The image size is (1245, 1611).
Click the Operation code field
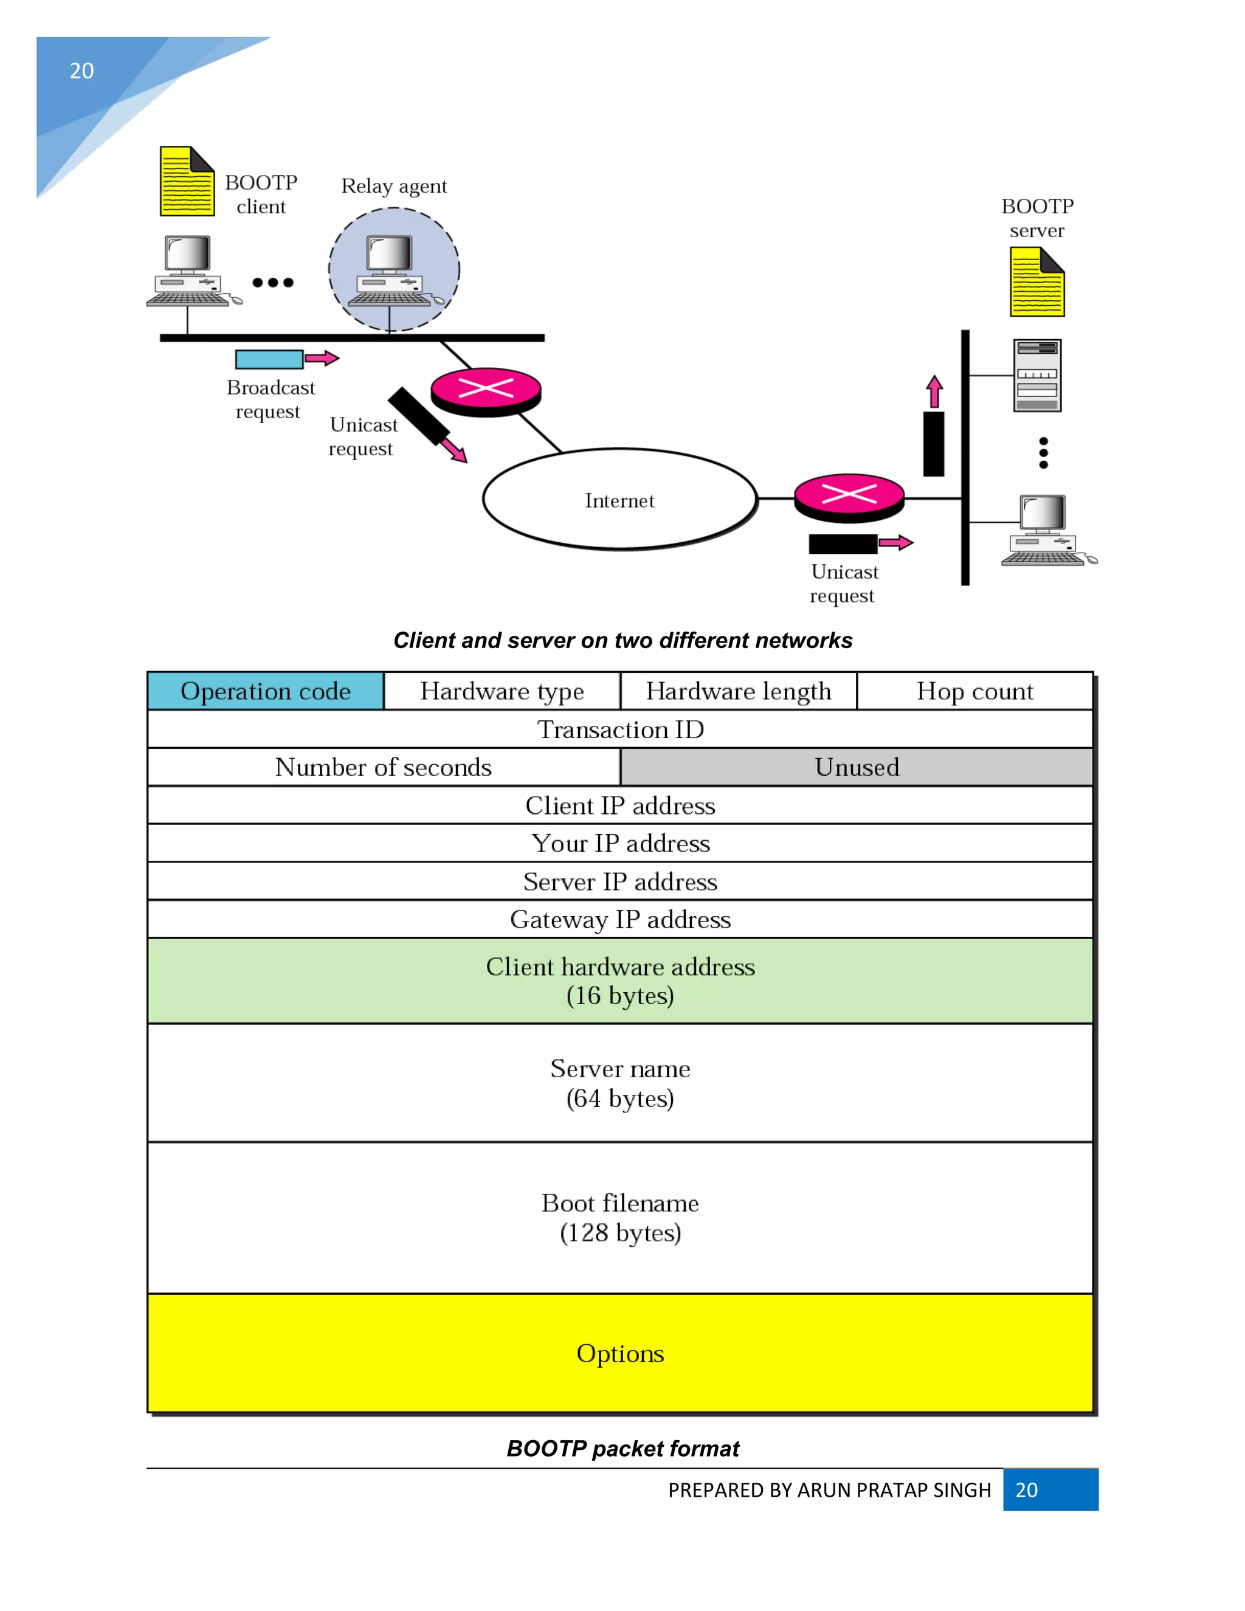(x=266, y=691)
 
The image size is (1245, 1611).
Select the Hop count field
(x=974, y=691)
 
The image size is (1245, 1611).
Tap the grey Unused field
(x=857, y=767)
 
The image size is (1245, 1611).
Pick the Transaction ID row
(x=619, y=730)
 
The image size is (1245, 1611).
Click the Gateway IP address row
(x=619, y=919)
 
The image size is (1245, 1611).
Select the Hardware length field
(x=738, y=691)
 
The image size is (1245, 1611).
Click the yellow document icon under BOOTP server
(x=1037, y=283)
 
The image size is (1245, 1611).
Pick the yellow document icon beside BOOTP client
(x=187, y=181)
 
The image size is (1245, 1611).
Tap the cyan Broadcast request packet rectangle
(x=269, y=359)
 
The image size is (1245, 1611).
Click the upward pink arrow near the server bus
(x=934, y=392)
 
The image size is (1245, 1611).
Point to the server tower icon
(x=1037, y=376)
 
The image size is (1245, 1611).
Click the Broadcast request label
(x=270, y=399)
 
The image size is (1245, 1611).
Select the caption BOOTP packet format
(x=622, y=1448)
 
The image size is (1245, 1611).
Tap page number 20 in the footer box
(x=1026, y=1490)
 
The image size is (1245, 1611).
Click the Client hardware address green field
(x=619, y=981)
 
